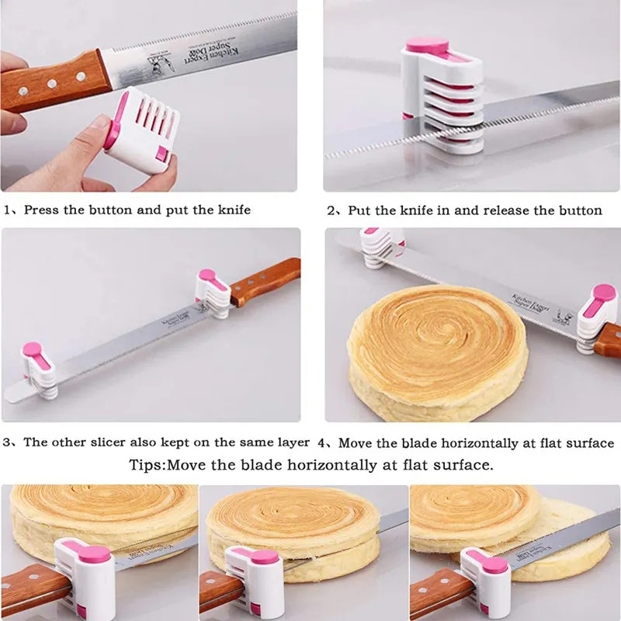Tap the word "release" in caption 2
click(508, 210)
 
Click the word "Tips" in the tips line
click(146, 466)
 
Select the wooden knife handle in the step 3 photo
click(264, 281)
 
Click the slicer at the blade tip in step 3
click(37, 366)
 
